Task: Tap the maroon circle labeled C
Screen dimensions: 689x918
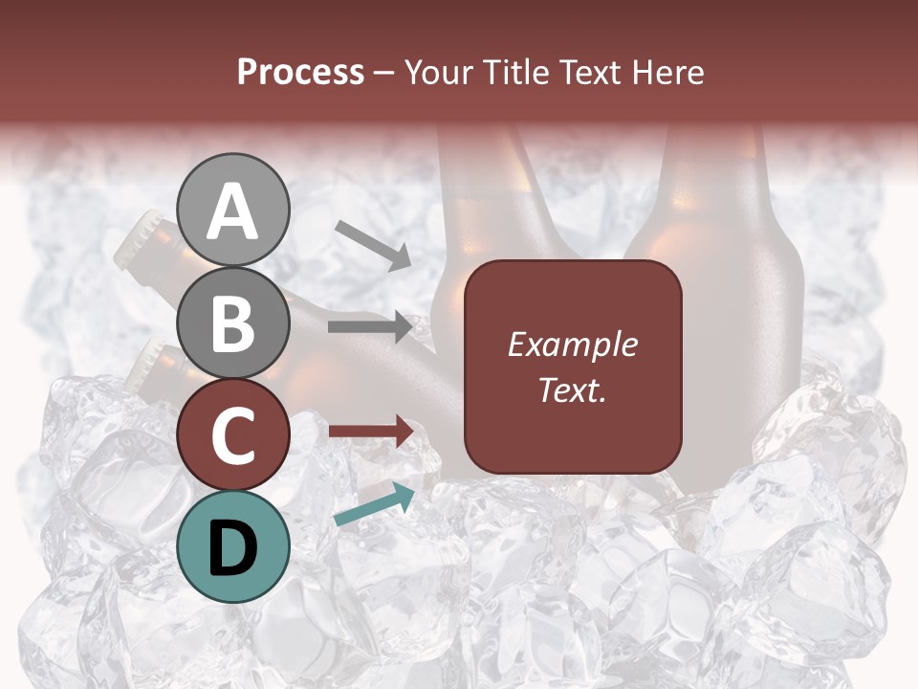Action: click(x=232, y=434)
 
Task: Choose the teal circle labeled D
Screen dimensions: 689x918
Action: click(x=232, y=546)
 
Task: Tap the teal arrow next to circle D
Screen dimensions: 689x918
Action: click(x=374, y=504)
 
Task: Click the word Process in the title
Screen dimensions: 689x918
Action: click(x=300, y=73)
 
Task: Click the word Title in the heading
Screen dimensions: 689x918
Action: click(x=513, y=73)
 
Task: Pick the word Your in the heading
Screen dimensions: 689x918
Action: click(x=435, y=73)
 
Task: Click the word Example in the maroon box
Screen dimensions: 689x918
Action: click(x=572, y=344)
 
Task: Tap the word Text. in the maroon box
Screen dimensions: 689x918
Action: click(x=572, y=389)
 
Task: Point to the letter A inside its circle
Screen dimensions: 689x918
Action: click(x=232, y=212)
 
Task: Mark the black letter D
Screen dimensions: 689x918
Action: click(x=232, y=548)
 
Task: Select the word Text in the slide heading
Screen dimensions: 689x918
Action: click(x=587, y=73)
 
